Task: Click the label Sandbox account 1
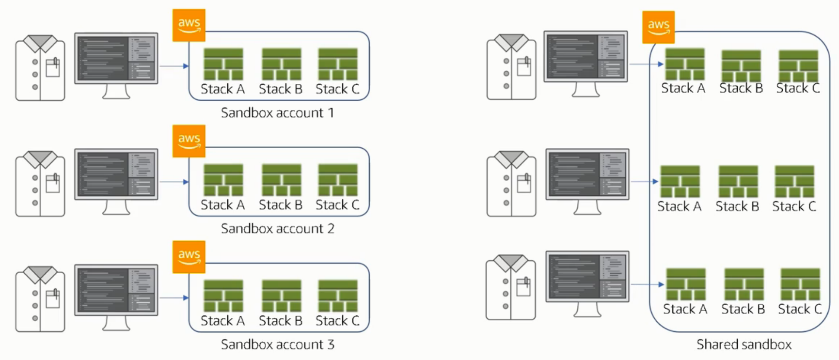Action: tap(277, 113)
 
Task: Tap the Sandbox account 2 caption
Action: tap(277, 229)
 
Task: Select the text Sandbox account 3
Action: tap(277, 344)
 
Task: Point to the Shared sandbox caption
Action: tap(744, 344)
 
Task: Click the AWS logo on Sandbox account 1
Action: tap(189, 25)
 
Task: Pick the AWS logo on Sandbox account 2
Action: tap(189, 141)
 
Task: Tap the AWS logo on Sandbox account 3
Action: tap(189, 257)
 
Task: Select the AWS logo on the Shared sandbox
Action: tap(658, 27)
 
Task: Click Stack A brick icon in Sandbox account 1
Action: tap(223, 64)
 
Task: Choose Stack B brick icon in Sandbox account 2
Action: tap(281, 180)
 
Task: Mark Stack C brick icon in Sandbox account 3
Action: tap(338, 296)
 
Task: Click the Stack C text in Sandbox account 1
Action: tap(337, 89)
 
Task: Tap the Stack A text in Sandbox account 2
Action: tap(222, 205)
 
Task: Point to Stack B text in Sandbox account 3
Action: tap(281, 321)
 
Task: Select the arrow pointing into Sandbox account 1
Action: tap(174, 66)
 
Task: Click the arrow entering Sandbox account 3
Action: tap(174, 297)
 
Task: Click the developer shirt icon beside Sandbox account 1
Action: tap(40, 68)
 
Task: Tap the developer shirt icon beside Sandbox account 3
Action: tap(40, 299)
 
